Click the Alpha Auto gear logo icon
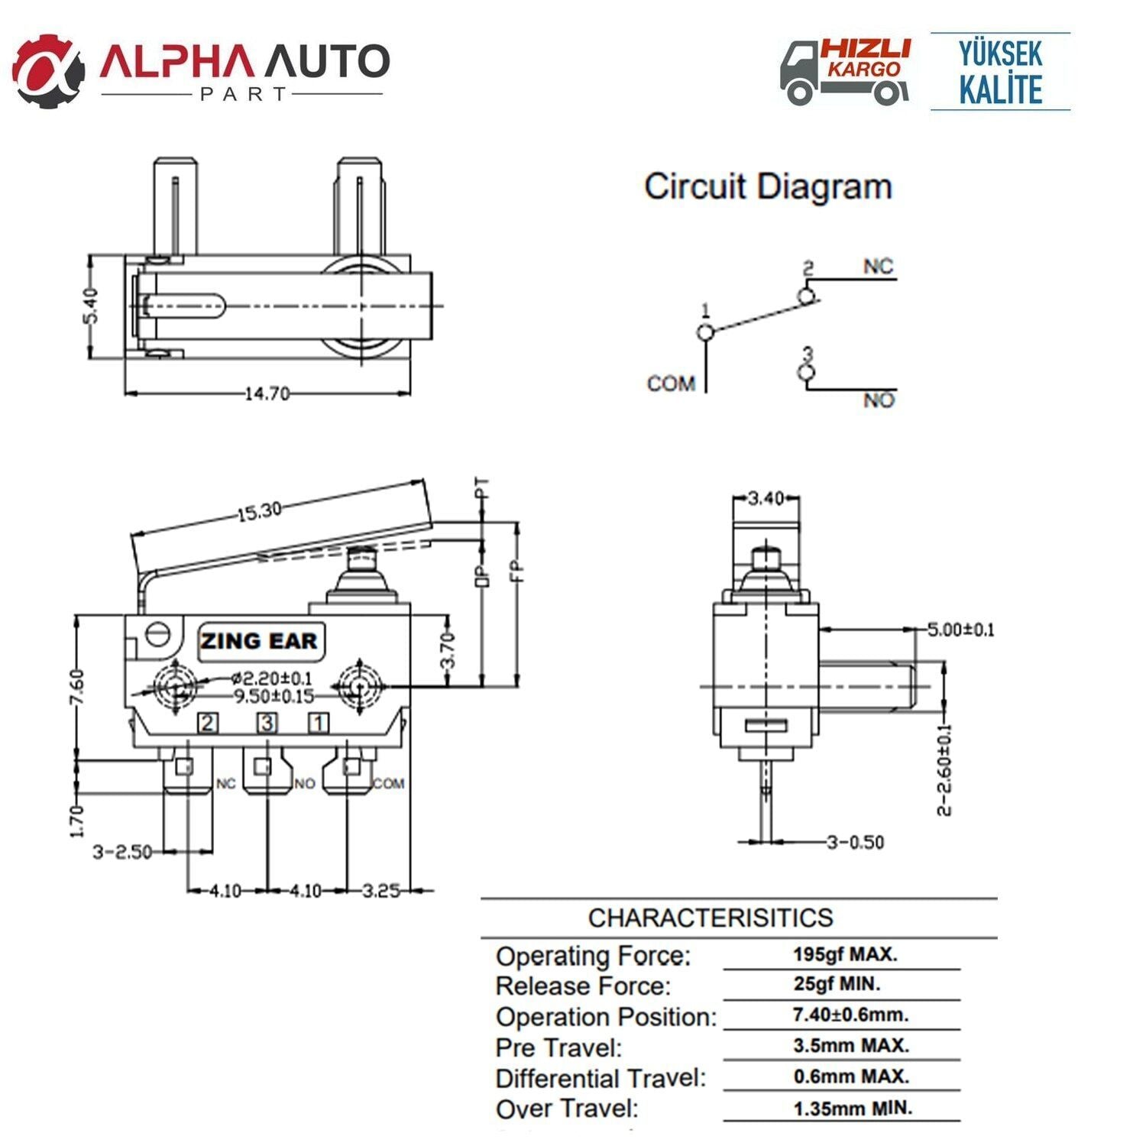(x=48, y=70)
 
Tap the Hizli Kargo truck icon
(x=810, y=74)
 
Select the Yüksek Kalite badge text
(x=1000, y=72)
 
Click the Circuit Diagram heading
(x=768, y=187)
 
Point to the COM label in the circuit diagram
(x=671, y=384)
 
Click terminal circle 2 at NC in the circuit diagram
(x=805, y=296)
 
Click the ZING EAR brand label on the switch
(x=259, y=640)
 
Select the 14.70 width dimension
(x=267, y=393)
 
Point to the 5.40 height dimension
(x=91, y=306)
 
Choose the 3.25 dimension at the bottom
(x=380, y=891)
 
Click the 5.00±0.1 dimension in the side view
(x=960, y=630)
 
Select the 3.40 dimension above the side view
(x=766, y=499)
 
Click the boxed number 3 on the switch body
(x=267, y=723)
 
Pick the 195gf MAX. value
(x=844, y=954)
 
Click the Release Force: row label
(x=583, y=986)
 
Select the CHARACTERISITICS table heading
(x=711, y=918)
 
